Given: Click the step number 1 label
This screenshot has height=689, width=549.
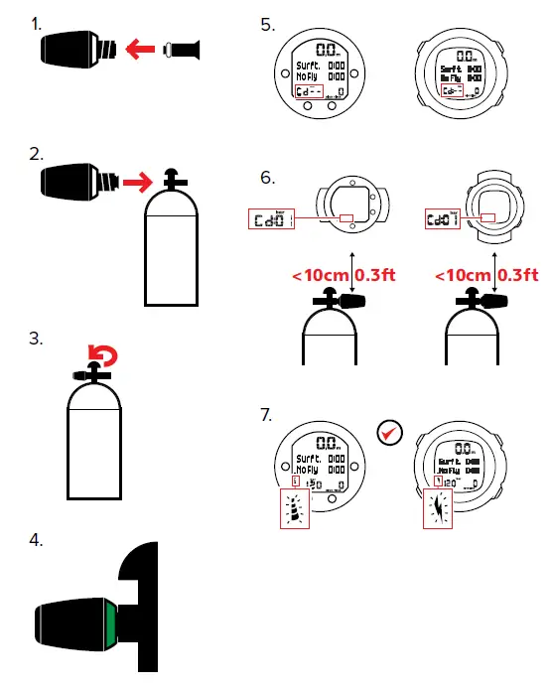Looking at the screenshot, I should [37, 23].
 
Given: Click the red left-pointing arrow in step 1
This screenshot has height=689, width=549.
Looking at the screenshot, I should [144, 46].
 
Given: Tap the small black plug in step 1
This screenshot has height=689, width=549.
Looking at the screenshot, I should [187, 47].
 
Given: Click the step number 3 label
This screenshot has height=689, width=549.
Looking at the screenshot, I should [37, 339].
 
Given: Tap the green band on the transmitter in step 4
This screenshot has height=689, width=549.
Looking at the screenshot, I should [108, 627].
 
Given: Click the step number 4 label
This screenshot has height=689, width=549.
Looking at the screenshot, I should [37, 541].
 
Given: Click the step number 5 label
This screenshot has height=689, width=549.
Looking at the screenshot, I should [267, 24].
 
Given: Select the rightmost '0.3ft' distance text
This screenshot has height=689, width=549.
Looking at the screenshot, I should [517, 274].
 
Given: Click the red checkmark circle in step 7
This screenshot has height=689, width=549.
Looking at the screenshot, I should [390, 432].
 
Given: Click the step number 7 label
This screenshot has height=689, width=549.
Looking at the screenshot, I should [266, 415].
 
